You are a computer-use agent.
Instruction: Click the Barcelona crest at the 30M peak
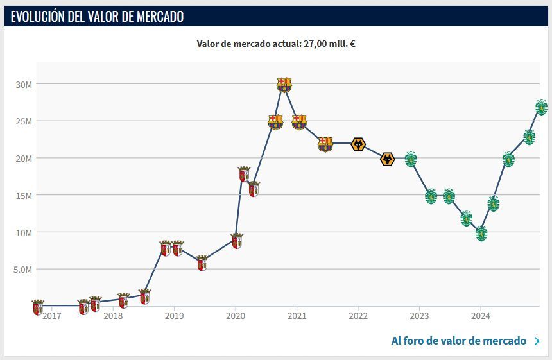[284, 85]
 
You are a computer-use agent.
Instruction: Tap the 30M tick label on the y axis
[24, 84]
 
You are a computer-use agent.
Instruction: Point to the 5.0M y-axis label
[22, 270]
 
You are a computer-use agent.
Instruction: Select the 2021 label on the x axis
[296, 316]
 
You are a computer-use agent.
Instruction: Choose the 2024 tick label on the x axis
[481, 316]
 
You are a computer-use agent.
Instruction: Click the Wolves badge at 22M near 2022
[358, 144]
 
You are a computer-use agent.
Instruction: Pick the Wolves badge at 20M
[387, 159]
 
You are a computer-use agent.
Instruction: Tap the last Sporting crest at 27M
[541, 107]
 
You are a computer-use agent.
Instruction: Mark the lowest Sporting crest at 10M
[481, 234]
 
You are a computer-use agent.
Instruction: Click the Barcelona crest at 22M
[325, 144]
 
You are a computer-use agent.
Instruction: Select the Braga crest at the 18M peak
[244, 174]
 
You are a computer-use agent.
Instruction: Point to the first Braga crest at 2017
[37, 307]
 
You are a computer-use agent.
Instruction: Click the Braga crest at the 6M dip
[202, 263]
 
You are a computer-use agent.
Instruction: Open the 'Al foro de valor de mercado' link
[458, 341]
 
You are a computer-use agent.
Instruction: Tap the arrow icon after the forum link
[537, 341]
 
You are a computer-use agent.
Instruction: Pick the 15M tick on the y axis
[24, 195]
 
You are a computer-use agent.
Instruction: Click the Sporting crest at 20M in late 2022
[411, 159]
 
